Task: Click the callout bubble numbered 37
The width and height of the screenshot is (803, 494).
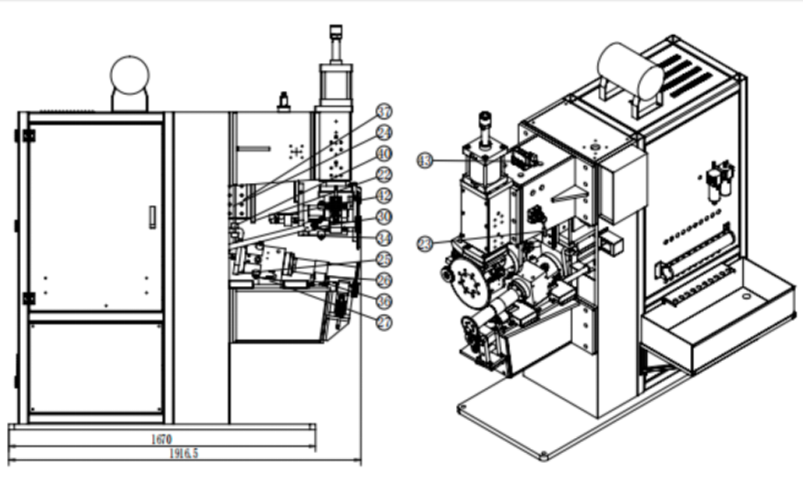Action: coord(384,112)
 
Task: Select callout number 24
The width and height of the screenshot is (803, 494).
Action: coord(384,133)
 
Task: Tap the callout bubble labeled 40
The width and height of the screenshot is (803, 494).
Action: coord(384,153)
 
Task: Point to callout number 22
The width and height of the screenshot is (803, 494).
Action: coord(384,175)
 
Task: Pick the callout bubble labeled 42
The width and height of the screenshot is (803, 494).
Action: coord(384,196)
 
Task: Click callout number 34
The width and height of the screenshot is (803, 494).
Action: coord(384,238)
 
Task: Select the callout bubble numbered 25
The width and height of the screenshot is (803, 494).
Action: coord(384,259)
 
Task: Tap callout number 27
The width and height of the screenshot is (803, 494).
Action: coord(384,321)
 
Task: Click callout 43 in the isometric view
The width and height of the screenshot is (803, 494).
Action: coord(426,161)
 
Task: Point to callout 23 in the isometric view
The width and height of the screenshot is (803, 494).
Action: coord(426,243)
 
